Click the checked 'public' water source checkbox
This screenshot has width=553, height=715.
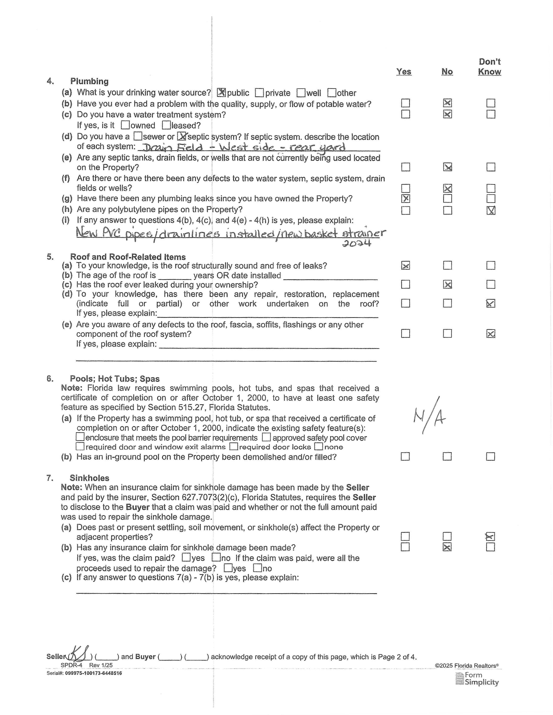pos(221,93)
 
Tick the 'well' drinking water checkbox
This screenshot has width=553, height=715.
pos(301,93)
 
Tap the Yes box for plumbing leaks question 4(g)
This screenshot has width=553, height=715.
pos(405,199)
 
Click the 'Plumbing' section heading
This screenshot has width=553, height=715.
pos(89,81)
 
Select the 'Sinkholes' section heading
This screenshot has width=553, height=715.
pos(89,478)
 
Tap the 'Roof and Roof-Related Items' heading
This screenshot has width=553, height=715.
pos(128,257)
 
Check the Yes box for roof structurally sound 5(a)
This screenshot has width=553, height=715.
pos(405,265)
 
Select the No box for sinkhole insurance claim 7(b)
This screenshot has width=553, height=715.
pos(447,547)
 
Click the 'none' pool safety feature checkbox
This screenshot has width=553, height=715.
pos(318,446)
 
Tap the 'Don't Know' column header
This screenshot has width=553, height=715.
pos(489,67)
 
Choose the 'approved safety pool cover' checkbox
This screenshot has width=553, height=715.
pos(266,437)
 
